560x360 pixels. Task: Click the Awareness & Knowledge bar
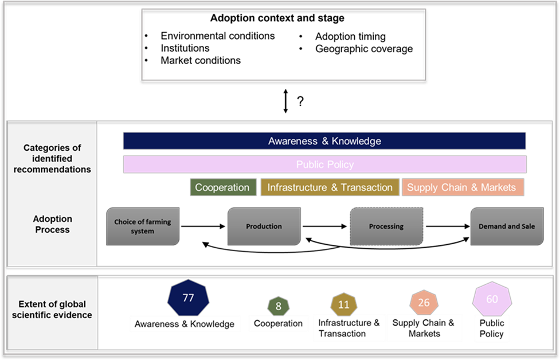pyautogui.click(x=324, y=141)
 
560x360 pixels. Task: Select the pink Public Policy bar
pyautogui.click(x=324, y=165)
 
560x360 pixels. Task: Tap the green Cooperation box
pyautogui.click(x=222, y=187)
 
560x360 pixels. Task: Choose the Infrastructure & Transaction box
pyautogui.click(x=330, y=187)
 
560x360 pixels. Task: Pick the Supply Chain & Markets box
pyautogui.click(x=462, y=187)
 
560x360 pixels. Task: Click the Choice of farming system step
pyautogui.click(x=143, y=226)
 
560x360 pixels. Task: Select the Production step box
pyautogui.click(x=264, y=226)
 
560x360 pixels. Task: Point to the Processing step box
pyautogui.click(x=386, y=226)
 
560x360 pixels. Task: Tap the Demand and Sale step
pyautogui.click(x=507, y=226)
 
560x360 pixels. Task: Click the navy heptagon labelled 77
pyautogui.click(x=188, y=298)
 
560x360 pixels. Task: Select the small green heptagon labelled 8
pyautogui.click(x=278, y=306)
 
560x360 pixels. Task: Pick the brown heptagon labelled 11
pyautogui.click(x=343, y=304)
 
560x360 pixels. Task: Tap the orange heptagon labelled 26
pyautogui.click(x=424, y=303)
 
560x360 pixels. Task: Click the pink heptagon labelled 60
pyautogui.click(x=492, y=299)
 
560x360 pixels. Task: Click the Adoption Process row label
pyautogui.click(x=52, y=224)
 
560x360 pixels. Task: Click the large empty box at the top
pyautogui.click(x=283, y=44)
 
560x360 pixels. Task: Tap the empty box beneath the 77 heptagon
pyautogui.click(x=185, y=324)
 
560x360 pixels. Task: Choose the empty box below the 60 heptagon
pyautogui.click(x=492, y=328)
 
